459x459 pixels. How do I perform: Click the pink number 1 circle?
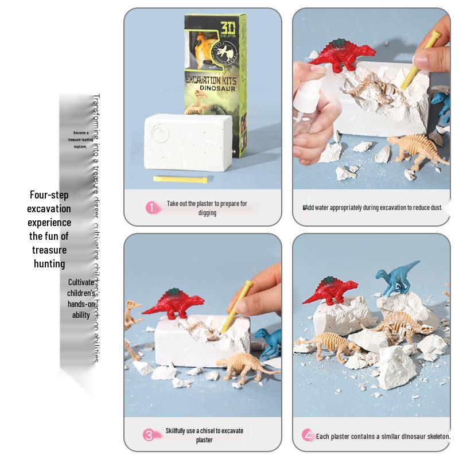tap(151, 208)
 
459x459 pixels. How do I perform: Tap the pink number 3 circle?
tap(149, 435)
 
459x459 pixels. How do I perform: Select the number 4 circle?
tap(309, 435)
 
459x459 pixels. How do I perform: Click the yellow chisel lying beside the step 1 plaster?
tap(178, 179)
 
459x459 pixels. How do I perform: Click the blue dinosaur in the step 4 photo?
tap(396, 275)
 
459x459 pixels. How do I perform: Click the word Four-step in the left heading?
tap(49, 195)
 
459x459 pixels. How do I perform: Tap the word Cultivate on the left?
tap(81, 282)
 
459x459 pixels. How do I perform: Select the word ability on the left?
tap(81, 315)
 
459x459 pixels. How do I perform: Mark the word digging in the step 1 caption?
tap(207, 212)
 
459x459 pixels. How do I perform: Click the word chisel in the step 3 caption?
tap(213, 431)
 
